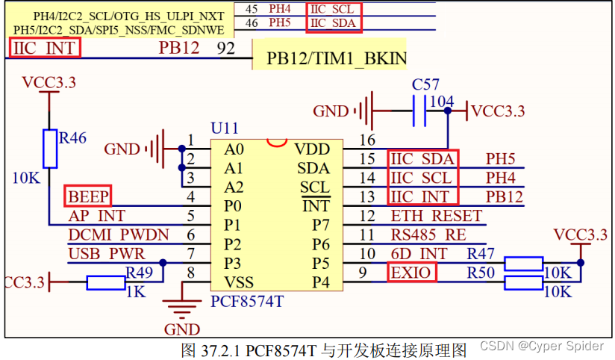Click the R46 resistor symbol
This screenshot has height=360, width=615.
49,148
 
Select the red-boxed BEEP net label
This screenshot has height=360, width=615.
88,196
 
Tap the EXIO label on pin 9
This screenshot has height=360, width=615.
411,273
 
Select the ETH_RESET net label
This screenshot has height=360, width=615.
437,216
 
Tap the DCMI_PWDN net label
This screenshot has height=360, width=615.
119,235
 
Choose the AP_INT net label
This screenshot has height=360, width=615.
97,216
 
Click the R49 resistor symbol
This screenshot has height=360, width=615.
105,282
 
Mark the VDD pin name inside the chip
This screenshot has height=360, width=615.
311,149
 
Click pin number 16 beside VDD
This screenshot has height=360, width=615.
367,140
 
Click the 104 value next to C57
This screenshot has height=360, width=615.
443,101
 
